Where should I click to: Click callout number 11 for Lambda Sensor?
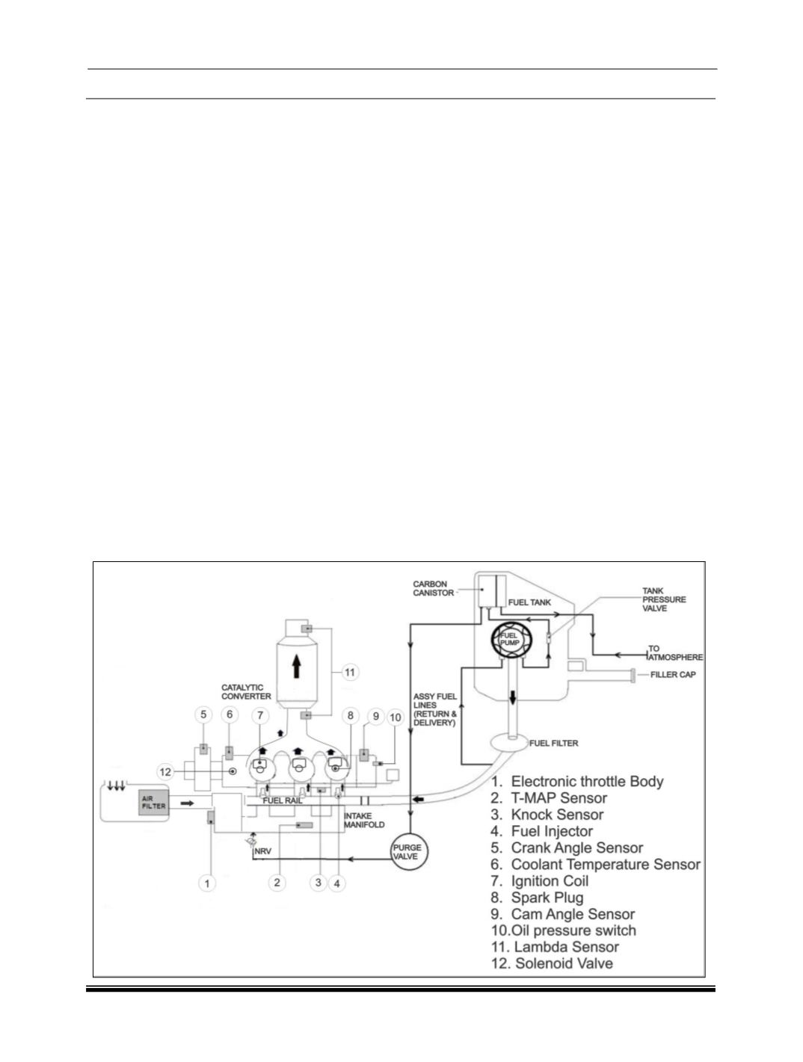(349, 672)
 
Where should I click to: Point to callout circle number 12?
(165, 771)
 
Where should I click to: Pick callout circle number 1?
(207, 883)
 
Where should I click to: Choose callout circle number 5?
(203, 714)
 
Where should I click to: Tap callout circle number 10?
(396, 717)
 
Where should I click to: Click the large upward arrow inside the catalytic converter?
(296, 666)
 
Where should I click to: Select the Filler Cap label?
(673, 674)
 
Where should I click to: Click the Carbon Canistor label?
(433, 588)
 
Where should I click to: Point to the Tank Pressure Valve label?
(664, 599)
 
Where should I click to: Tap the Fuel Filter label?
(554, 743)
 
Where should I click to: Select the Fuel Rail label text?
(282, 800)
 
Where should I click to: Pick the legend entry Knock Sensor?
(547, 815)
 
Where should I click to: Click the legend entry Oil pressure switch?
(564, 930)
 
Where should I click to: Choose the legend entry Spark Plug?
(537, 898)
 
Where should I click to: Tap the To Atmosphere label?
(675, 652)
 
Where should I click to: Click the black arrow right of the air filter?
(188, 803)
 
